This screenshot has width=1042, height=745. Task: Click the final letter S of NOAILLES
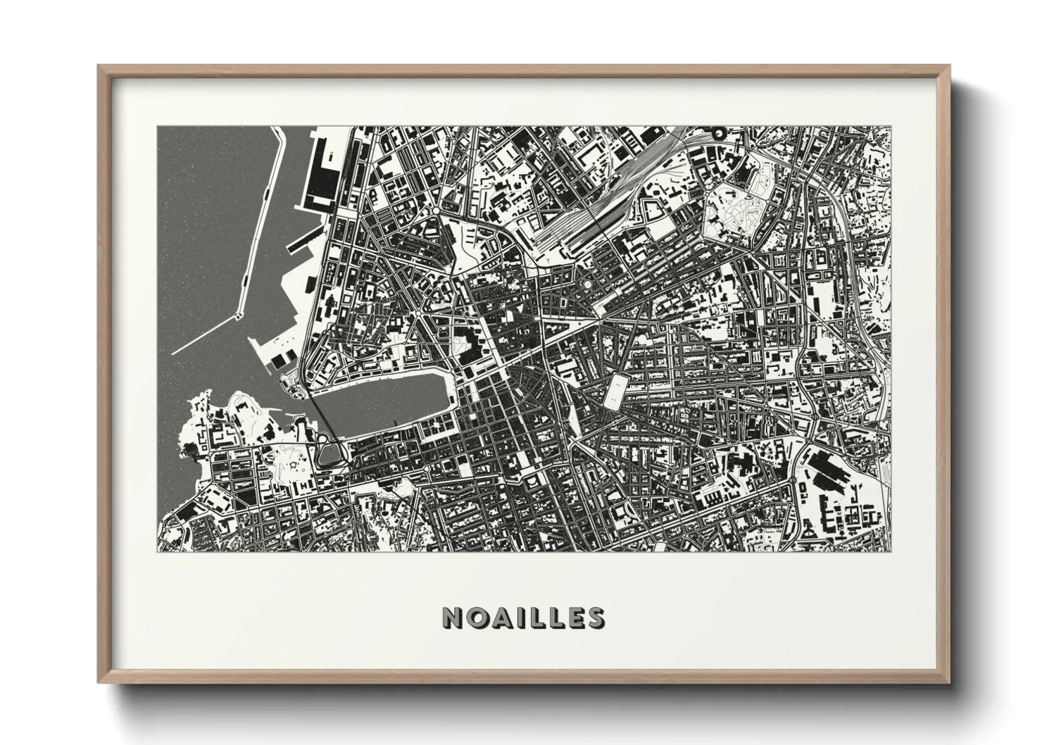coord(596,618)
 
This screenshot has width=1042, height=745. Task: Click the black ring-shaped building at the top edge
coord(718,132)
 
